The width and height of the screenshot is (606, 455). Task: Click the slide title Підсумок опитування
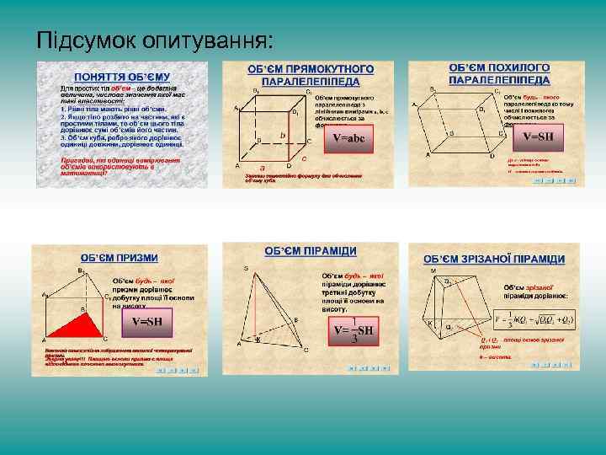(154, 40)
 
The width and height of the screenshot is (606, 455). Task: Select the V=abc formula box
(349, 138)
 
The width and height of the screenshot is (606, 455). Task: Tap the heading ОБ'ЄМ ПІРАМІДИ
(311, 251)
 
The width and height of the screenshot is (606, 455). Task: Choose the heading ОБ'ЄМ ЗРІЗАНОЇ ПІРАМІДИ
(494, 259)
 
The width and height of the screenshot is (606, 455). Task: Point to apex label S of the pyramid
(247, 268)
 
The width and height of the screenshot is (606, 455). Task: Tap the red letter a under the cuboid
(263, 168)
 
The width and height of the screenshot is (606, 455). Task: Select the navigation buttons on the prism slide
(183, 370)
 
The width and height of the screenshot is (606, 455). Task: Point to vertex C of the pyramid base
(306, 348)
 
